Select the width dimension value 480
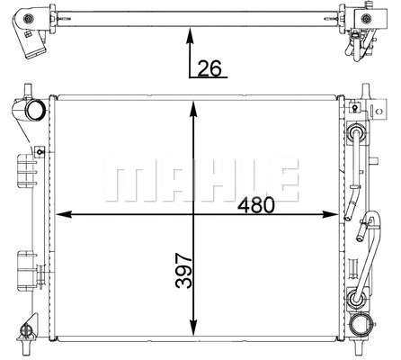tap(256, 205)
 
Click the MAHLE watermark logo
tap(200, 180)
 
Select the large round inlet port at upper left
tap(37, 112)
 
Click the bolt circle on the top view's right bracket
tap(368, 17)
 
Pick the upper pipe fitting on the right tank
tap(358, 136)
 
